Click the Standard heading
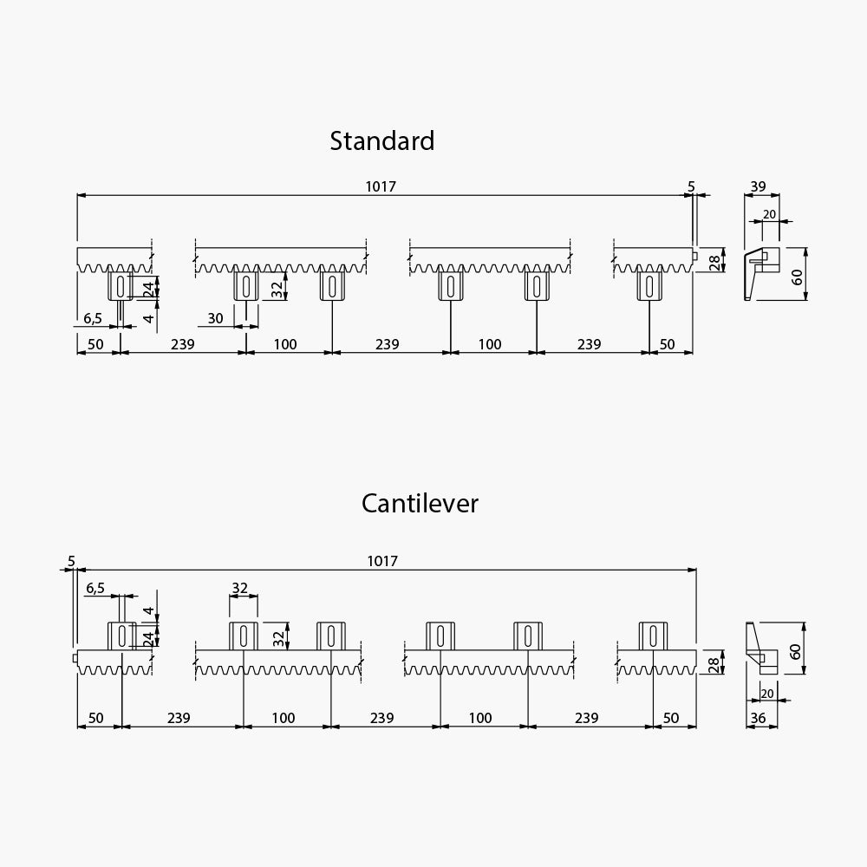(382, 141)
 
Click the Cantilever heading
(420, 503)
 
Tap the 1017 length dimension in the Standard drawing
(381, 186)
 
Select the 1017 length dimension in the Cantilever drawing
(382, 561)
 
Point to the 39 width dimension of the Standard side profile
(758, 186)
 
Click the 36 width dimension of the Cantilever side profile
(758, 718)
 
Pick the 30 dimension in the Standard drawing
(215, 318)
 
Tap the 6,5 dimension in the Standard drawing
(93, 318)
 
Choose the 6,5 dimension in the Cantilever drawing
(95, 588)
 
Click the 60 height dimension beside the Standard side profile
(797, 277)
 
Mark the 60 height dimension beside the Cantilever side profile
(795, 651)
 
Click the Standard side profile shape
(761, 274)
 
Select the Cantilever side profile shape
(761, 648)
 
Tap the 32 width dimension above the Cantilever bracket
(239, 588)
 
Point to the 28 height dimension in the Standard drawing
(714, 261)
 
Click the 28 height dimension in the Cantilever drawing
(713, 663)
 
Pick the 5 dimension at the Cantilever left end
(71, 561)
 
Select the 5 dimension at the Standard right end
(691, 187)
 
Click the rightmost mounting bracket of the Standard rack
(649, 285)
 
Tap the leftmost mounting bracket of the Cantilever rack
(121, 636)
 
